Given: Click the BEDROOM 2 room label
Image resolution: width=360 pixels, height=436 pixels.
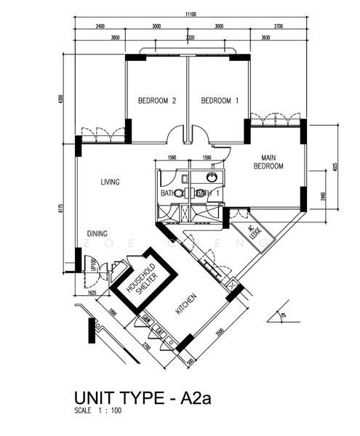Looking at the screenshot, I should tap(158, 100).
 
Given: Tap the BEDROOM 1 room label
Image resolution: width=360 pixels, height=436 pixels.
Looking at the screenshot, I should tap(220, 100).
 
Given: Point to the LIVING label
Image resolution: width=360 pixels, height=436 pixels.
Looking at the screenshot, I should tap(110, 182).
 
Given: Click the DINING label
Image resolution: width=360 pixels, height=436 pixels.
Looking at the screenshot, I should tap(98, 234).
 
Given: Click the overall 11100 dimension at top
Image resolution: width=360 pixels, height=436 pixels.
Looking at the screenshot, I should tap(191, 14).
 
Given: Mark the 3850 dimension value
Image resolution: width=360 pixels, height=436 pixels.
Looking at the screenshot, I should tap(114, 36).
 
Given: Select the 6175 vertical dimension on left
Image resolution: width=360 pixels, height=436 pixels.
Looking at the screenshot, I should tap(61, 209).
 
